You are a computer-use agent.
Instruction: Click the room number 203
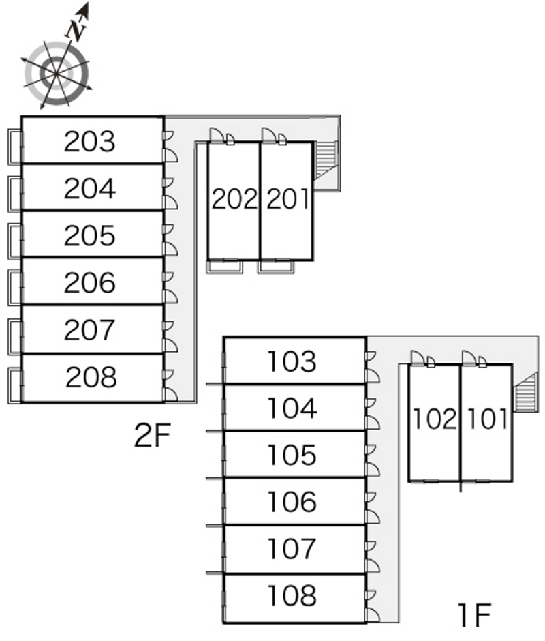(x=90, y=142)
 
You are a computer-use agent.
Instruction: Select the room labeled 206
(x=90, y=283)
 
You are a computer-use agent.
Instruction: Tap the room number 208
(x=91, y=377)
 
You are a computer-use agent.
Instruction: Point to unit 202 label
(x=234, y=199)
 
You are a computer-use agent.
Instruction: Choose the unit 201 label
(x=287, y=199)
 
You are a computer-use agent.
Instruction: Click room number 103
(x=292, y=361)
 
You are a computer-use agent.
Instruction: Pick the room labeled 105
(x=292, y=455)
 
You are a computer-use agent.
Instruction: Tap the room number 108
(x=292, y=595)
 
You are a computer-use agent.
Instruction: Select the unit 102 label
(x=435, y=419)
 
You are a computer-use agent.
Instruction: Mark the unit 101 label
(x=486, y=419)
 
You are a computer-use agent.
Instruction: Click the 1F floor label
(x=474, y=616)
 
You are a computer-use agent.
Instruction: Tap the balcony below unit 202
(x=225, y=267)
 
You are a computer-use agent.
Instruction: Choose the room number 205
(x=90, y=236)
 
